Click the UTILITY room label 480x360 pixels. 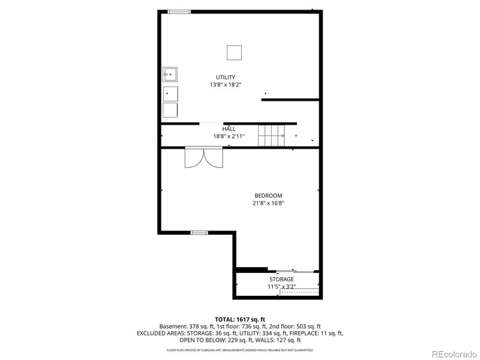tap(226, 77)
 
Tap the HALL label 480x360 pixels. tap(229, 129)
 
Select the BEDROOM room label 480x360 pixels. tap(268, 196)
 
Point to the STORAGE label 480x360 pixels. tap(281, 279)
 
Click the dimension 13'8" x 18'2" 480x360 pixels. tap(226, 85)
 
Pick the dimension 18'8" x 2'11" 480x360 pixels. tap(229, 136)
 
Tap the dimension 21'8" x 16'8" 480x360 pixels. tap(268, 203)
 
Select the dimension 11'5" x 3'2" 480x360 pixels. tap(281, 287)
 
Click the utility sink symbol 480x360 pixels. tap(170, 74)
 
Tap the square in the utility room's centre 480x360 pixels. tap(234, 53)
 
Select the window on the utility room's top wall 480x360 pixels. tap(179, 11)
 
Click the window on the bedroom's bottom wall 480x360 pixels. tap(199, 232)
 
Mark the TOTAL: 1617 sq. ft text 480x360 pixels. tap(240, 319)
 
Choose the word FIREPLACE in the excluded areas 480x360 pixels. tap(306, 333)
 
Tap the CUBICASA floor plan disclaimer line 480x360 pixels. tap(240, 350)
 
